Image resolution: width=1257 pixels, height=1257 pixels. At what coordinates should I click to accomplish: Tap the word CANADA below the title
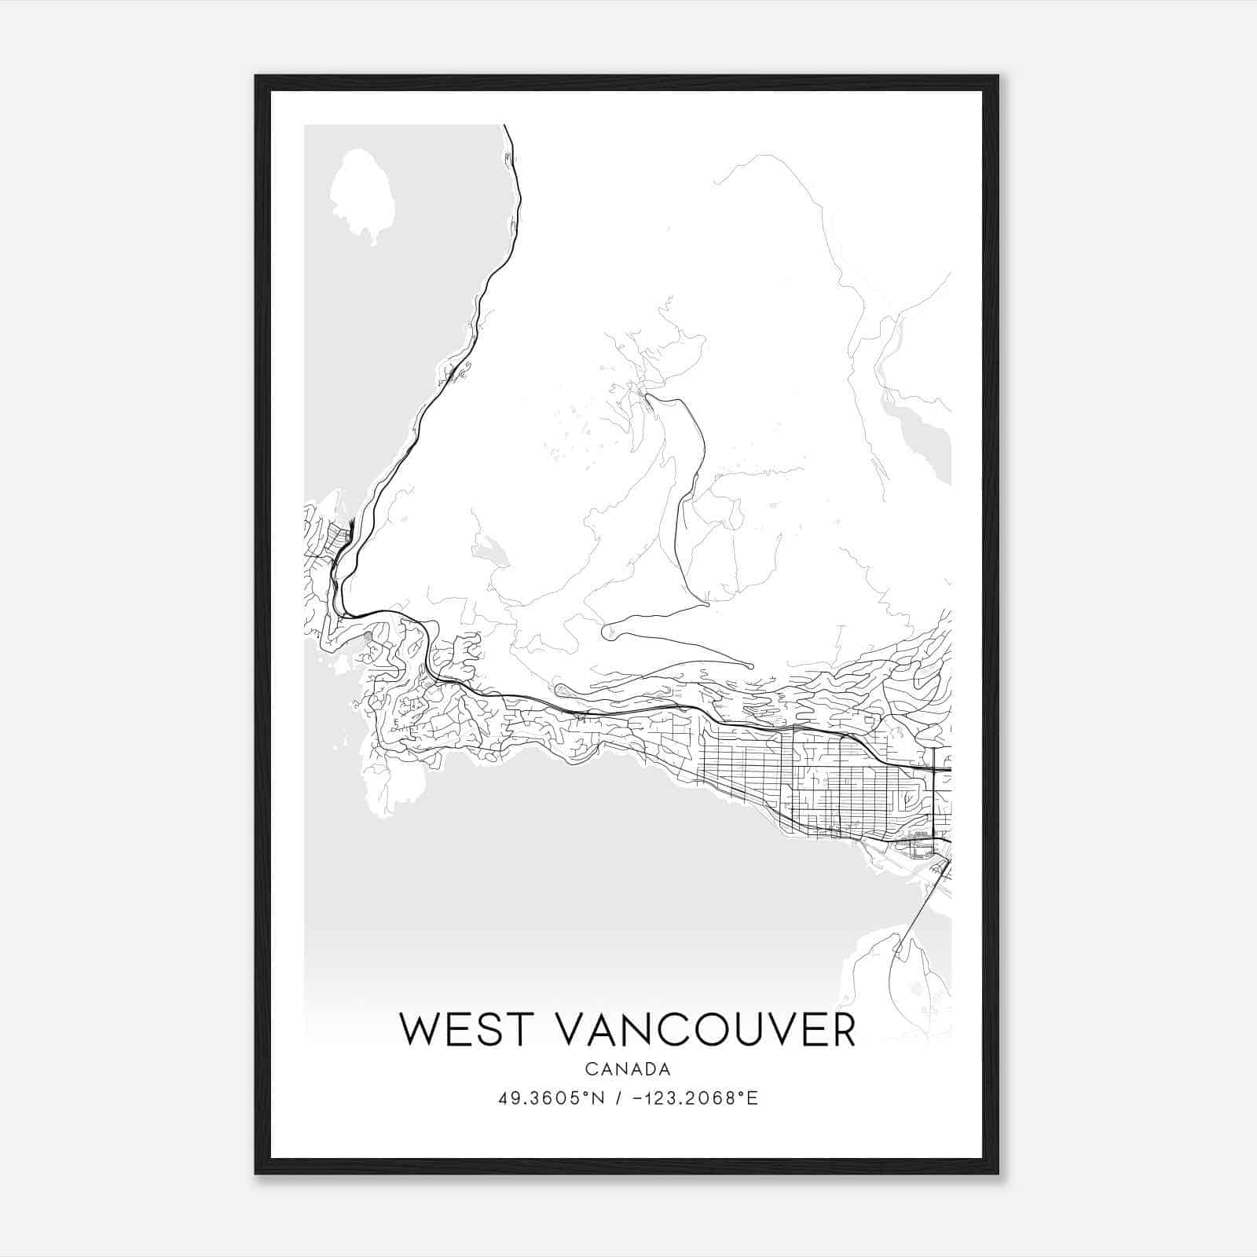(x=628, y=1069)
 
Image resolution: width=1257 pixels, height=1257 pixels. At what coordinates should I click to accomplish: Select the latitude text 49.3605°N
(x=552, y=1098)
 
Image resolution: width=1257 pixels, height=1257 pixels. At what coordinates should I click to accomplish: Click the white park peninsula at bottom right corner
(x=903, y=982)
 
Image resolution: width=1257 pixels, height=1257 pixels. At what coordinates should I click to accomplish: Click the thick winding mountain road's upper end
(x=649, y=398)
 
